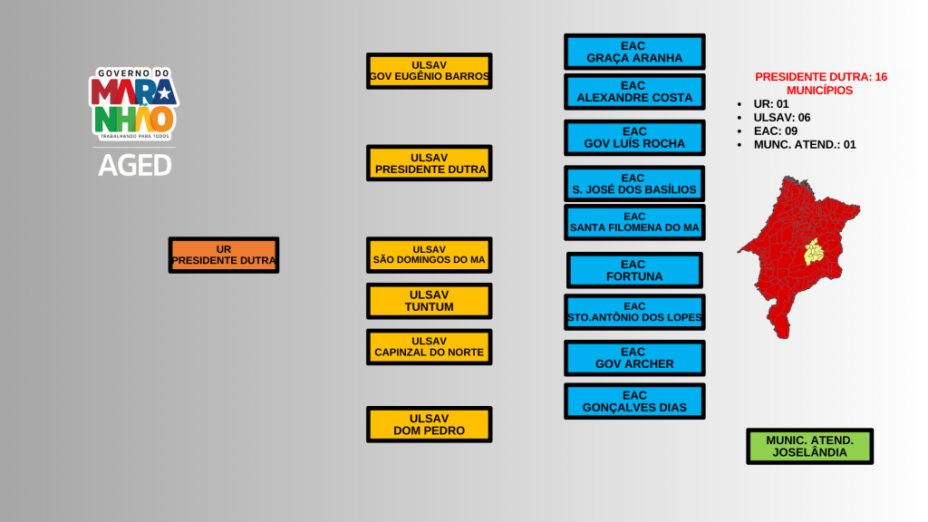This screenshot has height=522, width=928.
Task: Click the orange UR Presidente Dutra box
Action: tap(223, 255)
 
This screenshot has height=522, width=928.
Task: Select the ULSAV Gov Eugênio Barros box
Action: tap(429, 71)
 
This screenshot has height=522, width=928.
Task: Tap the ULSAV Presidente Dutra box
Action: tap(429, 163)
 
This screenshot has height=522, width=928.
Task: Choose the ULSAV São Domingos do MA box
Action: tap(429, 255)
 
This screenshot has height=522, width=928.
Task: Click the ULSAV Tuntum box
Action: tap(429, 301)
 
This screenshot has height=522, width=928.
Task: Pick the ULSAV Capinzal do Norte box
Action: tap(429, 346)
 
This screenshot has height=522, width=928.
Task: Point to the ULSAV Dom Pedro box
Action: tap(429, 424)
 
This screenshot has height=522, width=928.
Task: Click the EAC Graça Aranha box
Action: tap(634, 52)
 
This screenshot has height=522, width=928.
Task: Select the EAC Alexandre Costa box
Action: tap(634, 92)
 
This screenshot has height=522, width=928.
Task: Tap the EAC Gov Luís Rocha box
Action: tap(634, 138)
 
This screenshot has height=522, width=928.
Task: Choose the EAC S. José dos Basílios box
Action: tap(634, 184)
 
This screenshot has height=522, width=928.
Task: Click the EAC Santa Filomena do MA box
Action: tap(634, 222)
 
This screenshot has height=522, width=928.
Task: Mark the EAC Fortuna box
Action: tap(634, 270)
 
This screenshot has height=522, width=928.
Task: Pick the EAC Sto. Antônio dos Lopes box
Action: tap(634, 312)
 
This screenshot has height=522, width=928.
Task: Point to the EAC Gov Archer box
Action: tap(634, 358)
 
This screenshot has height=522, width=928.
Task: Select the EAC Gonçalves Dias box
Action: tap(634, 401)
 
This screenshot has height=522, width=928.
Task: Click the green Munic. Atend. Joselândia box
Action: tap(809, 446)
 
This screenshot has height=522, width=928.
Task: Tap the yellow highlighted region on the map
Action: tap(814, 251)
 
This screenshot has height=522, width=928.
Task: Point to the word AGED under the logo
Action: tap(134, 165)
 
